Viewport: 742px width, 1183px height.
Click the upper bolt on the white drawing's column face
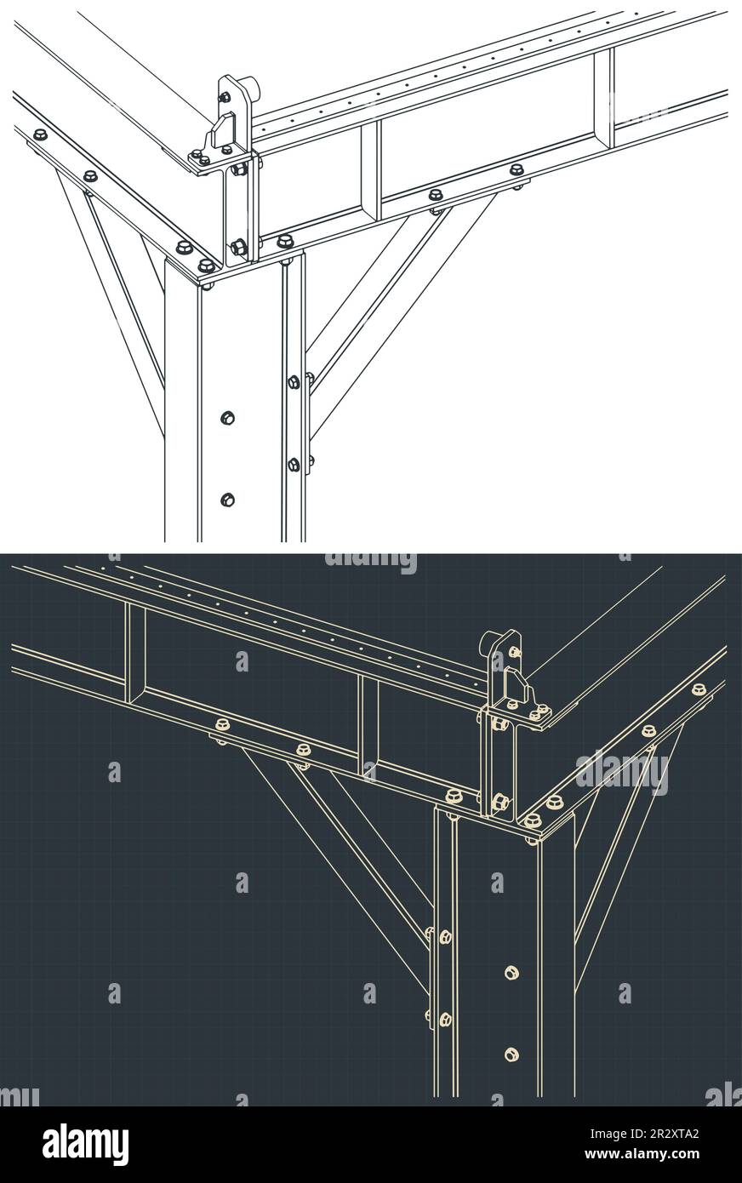point(227,417)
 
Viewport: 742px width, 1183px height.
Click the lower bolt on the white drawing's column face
point(226,499)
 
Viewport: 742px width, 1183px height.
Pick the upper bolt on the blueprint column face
point(511,971)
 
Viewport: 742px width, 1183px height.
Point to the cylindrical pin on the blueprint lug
point(491,643)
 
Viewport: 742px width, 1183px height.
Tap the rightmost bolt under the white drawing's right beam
point(517,170)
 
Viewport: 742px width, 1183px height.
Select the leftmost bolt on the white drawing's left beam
point(39,134)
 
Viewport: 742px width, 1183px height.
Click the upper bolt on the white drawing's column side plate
point(294,381)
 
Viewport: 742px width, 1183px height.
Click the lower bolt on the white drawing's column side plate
point(294,464)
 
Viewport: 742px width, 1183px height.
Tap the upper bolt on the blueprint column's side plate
point(445,936)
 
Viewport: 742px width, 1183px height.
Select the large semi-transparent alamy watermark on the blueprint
point(621,773)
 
